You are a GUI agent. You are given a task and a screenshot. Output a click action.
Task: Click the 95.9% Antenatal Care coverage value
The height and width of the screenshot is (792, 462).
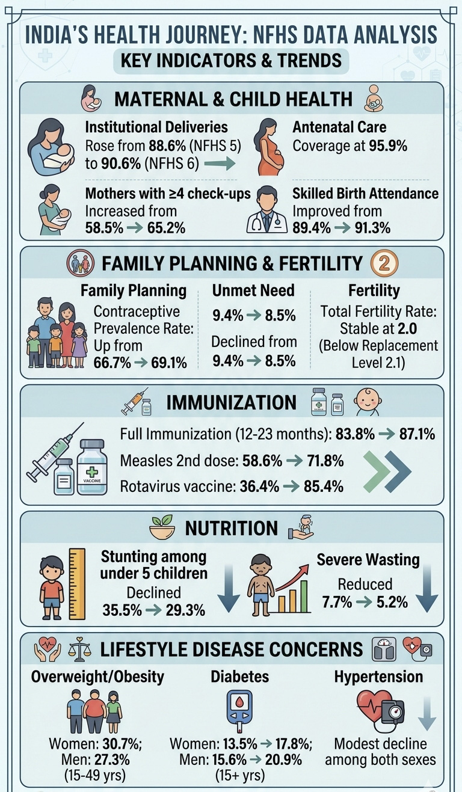(x=388, y=146)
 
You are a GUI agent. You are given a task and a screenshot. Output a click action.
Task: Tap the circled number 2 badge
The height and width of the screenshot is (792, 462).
(x=384, y=263)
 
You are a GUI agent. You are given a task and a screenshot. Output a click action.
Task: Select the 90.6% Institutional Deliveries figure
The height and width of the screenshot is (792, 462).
(x=121, y=164)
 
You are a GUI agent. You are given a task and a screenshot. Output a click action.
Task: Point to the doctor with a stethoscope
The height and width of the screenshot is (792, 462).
(x=266, y=209)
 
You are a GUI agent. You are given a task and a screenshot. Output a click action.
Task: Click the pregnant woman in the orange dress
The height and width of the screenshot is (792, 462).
(x=271, y=147)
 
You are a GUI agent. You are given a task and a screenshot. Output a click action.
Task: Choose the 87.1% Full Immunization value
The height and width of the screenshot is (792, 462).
(x=417, y=434)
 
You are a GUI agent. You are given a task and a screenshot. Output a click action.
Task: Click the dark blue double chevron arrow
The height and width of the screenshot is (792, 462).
(x=398, y=471)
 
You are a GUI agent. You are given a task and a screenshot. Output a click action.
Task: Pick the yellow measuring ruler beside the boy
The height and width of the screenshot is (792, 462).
(x=77, y=584)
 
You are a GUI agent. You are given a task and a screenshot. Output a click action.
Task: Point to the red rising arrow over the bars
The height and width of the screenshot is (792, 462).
(x=292, y=577)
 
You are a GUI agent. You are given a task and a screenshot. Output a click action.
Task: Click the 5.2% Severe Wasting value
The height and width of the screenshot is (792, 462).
(x=392, y=601)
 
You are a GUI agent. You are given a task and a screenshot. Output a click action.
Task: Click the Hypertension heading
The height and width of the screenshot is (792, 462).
(x=378, y=677)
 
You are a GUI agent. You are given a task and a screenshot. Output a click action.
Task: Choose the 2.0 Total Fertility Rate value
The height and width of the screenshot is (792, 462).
(x=407, y=328)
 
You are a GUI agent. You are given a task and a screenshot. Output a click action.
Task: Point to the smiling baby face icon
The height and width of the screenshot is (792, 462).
(x=368, y=402)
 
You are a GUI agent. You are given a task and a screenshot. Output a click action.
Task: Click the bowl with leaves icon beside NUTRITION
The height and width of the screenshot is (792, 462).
(x=162, y=527)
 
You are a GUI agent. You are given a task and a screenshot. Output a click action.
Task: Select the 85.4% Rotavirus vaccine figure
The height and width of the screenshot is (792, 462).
(x=323, y=486)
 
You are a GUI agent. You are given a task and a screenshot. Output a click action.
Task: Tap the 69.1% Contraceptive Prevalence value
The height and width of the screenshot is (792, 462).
(x=169, y=363)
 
